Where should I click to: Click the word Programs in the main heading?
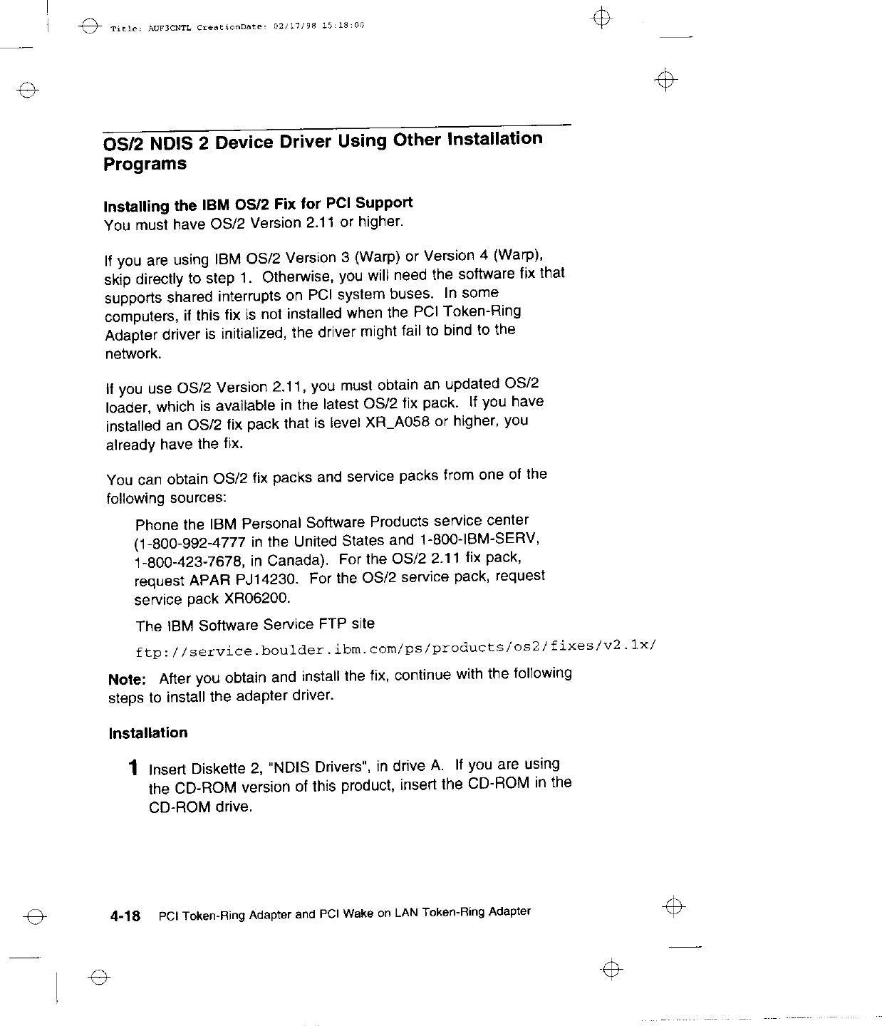(145, 164)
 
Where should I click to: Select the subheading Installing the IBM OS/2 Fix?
(258, 204)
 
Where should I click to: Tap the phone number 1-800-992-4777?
(179, 544)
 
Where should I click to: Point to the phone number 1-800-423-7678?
(179, 562)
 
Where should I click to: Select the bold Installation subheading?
(148, 733)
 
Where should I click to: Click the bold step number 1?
(133, 769)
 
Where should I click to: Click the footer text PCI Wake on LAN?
(363, 913)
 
